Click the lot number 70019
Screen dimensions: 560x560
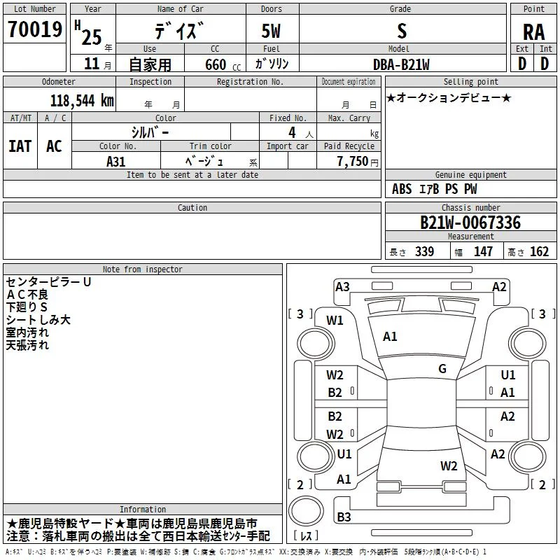[35, 29]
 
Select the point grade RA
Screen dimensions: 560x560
[534, 32]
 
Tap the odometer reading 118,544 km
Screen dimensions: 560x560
[82, 101]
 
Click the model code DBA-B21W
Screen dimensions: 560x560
[401, 64]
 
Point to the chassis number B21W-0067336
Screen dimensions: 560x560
[470, 223]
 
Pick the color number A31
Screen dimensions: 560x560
[115, 162]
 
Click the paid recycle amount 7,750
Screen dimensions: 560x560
[353, 161]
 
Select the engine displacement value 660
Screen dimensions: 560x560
[216, 64]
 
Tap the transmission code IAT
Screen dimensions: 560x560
[20, 146]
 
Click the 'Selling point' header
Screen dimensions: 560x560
[470, 82]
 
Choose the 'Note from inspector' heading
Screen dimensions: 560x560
[143, 269]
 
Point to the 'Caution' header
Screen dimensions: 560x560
[192, 207]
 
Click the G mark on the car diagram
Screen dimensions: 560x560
[442, 369]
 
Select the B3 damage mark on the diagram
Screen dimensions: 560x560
[344, 517]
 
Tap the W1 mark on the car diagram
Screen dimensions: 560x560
[335, 321]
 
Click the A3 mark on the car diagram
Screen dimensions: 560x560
[342, 287]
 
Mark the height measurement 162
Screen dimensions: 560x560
[539, 252]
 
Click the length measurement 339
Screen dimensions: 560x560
[424, 252]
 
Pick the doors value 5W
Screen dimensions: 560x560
[271, 31]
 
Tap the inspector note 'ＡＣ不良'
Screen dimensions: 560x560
[27, 295]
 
